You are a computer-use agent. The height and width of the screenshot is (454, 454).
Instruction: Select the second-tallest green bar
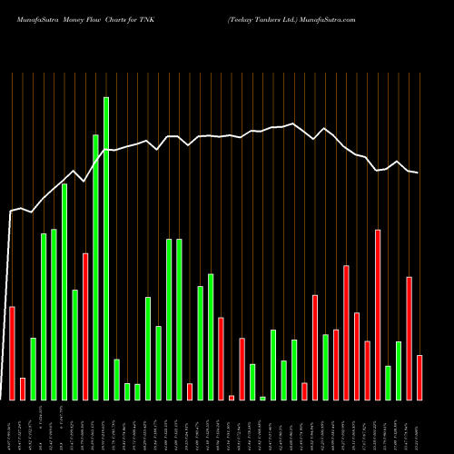click(x=95, y=267)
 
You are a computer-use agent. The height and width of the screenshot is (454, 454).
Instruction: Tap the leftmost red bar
click(x=12, y=353)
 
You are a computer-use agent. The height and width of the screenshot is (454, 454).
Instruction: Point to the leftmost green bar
click(x=33, y=369)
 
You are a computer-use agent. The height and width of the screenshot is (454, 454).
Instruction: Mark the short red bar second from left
click(x=23, y=389)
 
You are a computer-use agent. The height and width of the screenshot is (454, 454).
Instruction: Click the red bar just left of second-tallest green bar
click(x=85, y=326)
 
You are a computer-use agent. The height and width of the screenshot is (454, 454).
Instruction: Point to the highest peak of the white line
click(x=292, y=123)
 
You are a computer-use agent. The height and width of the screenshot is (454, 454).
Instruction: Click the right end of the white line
click(x=418, y=173)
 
